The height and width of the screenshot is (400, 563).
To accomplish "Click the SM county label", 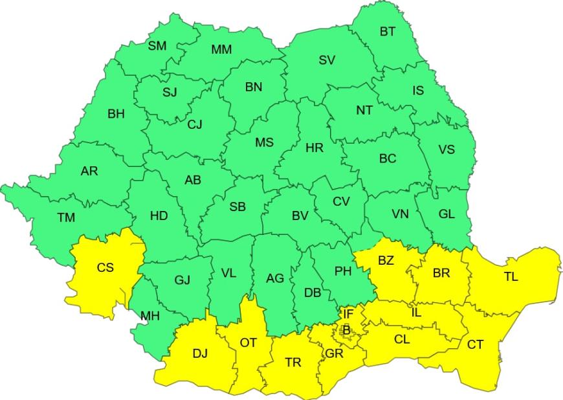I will coord(157,46).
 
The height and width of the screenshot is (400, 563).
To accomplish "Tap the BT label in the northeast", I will coord(388,31).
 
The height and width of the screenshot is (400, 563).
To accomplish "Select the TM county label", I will coord(66,217).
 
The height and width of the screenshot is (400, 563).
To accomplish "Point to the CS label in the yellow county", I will coord(105,267).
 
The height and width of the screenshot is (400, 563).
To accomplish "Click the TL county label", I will coord(511,276).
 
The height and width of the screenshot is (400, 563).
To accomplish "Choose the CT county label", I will coord(475,344).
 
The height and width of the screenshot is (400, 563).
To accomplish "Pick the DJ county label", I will coord(201,353).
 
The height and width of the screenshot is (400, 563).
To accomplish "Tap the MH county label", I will coord(150,316).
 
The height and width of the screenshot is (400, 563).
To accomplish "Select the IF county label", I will coord(348,314).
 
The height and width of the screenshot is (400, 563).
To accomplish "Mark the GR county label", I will coord(335,353).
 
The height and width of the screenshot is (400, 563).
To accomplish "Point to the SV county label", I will coord(327,60).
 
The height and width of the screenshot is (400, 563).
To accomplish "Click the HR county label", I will coord(315,148).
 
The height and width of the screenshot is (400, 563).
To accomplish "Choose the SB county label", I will coord(237,207).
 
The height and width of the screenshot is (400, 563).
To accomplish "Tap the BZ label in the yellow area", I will coord(386,261).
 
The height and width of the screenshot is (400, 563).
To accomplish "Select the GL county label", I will coord(447,214).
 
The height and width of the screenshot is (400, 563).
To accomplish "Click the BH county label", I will coord(116,114).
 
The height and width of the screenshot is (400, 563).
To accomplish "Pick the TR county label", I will coord(293,362).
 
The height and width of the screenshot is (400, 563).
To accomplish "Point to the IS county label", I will coord(418,91).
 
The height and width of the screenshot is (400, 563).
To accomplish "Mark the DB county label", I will coord(313,293).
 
